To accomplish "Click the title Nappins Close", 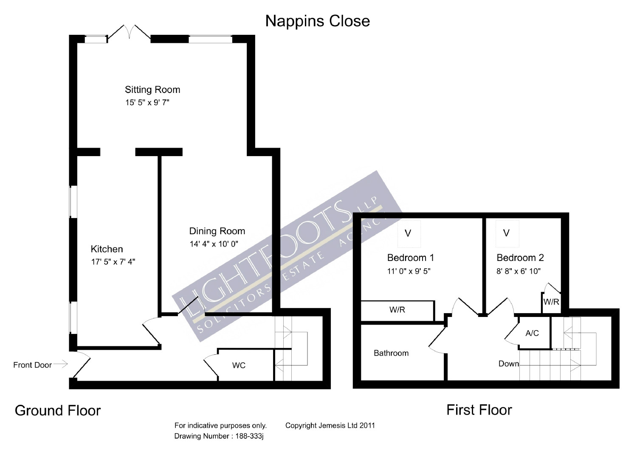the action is click(317, 21).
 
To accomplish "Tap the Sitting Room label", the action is click(152, 90).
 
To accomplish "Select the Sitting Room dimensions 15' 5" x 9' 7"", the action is click(147, 102).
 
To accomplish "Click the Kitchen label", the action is click(107, 249).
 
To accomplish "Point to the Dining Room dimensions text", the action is click(214, 244).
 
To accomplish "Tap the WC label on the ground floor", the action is click(239, 365).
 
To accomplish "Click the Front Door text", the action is click(32, 365).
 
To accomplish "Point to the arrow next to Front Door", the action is click(61, 364).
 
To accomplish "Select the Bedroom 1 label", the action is click(410, 258).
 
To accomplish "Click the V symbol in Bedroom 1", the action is click(408, 233).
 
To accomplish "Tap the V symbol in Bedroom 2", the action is click(506, 233).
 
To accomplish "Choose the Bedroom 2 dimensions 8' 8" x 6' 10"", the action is click(519, 271).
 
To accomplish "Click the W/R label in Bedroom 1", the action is click(397, 310).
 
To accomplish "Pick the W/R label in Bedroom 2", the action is click(551, 302).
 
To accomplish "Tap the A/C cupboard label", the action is click(532, 333).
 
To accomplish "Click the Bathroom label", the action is click(391, 353).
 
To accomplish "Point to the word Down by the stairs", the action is click(508, 364).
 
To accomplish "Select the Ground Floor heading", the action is click(58, 411).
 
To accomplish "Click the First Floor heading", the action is click(479, 410).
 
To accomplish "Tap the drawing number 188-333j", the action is click(249, 436).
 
